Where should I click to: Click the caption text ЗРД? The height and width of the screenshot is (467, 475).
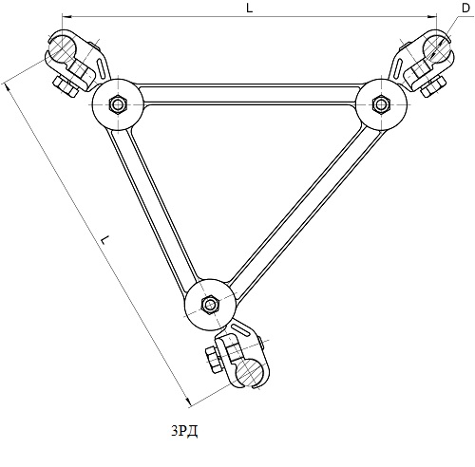click(185, 431)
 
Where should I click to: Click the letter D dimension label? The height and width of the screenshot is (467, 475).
click(465, 9)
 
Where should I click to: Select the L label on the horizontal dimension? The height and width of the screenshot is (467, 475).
click(250, 9)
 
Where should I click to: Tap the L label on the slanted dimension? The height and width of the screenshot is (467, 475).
click(104, 239)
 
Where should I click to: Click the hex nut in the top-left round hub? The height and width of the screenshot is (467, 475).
click(118, 103)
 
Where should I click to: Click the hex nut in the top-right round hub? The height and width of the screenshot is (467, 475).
click(381, 103)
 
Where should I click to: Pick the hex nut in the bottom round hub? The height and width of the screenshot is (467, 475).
click(210, 305)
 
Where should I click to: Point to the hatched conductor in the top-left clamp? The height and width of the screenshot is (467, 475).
click(64, 48)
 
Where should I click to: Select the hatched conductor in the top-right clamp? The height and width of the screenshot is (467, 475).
click(437, 48)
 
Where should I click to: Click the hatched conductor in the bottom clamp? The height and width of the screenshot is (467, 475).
click(250, 372)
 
